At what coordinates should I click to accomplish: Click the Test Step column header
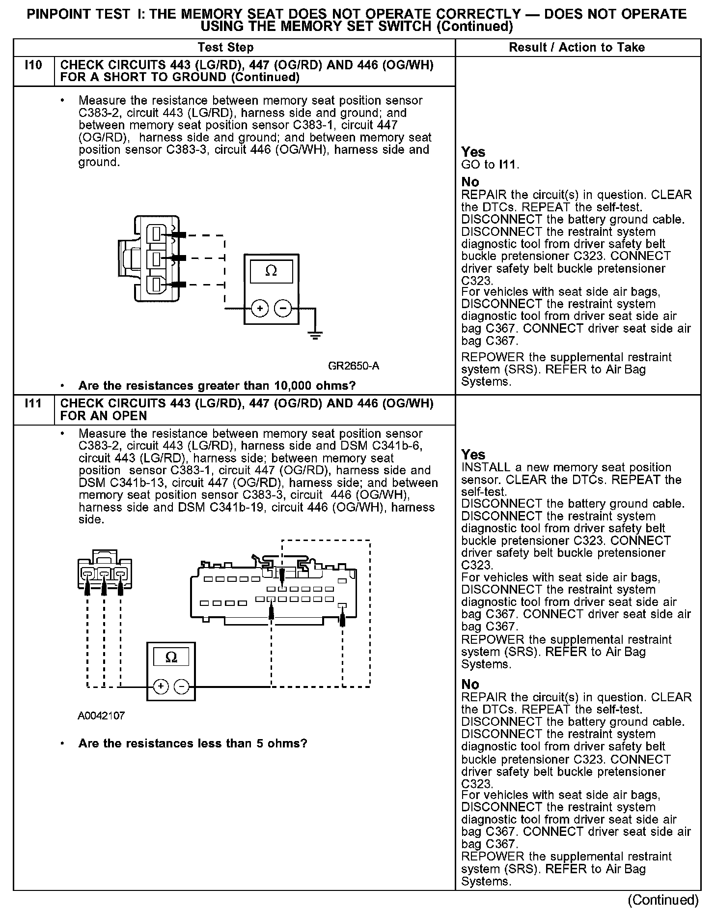point(225,48)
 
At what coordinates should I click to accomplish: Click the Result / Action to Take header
point(577,48)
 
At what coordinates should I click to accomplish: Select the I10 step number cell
point(33,65)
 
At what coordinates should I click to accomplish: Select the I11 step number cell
point(33,403)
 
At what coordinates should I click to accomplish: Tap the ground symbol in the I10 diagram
point(315,336)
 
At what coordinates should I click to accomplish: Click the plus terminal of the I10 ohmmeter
point(260,309)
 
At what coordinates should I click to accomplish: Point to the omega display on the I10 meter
point(271,271)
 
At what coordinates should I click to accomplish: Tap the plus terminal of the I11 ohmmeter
point(162,686)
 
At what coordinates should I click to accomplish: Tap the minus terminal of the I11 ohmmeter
point(182,686)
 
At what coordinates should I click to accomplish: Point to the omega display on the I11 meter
point(171,657)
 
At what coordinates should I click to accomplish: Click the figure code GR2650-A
point(354,366)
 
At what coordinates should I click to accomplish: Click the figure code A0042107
point(101,716)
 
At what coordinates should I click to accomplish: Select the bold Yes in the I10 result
point(473,152)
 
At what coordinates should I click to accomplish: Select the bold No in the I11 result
point(470,684)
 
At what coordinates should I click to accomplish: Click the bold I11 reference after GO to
point(508,165)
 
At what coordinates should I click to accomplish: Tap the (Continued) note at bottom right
point(663,900)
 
